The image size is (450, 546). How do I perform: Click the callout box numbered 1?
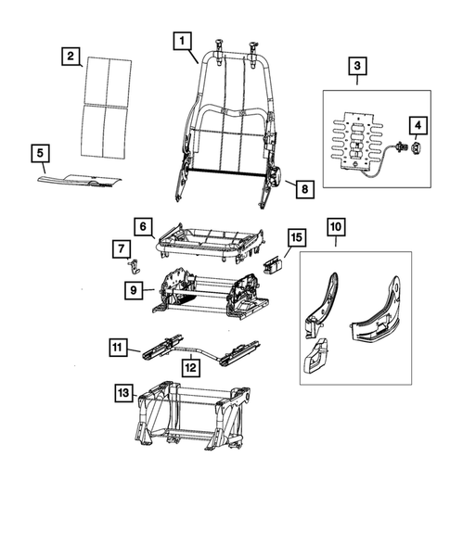182,40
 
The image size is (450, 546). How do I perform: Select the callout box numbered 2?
70,56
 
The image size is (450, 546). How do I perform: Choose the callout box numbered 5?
39,152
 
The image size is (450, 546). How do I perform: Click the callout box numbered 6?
142,226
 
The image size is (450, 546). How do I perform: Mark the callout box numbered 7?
122,248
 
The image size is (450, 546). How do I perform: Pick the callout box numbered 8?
303,189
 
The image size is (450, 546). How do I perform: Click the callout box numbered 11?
117,349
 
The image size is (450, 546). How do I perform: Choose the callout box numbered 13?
123,393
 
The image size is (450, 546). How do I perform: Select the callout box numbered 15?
293,239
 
